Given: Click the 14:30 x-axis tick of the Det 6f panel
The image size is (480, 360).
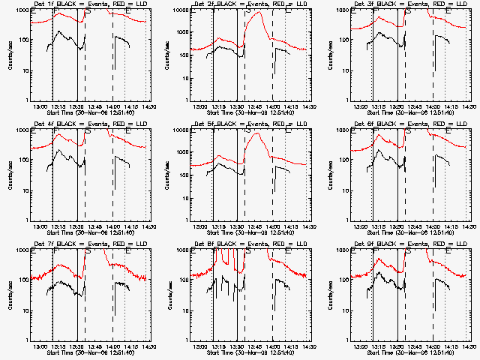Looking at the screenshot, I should pos(469,226).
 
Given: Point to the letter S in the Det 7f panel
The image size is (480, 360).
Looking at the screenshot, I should pos(89,252).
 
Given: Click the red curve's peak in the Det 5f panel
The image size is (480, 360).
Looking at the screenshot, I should pos(258,133).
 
